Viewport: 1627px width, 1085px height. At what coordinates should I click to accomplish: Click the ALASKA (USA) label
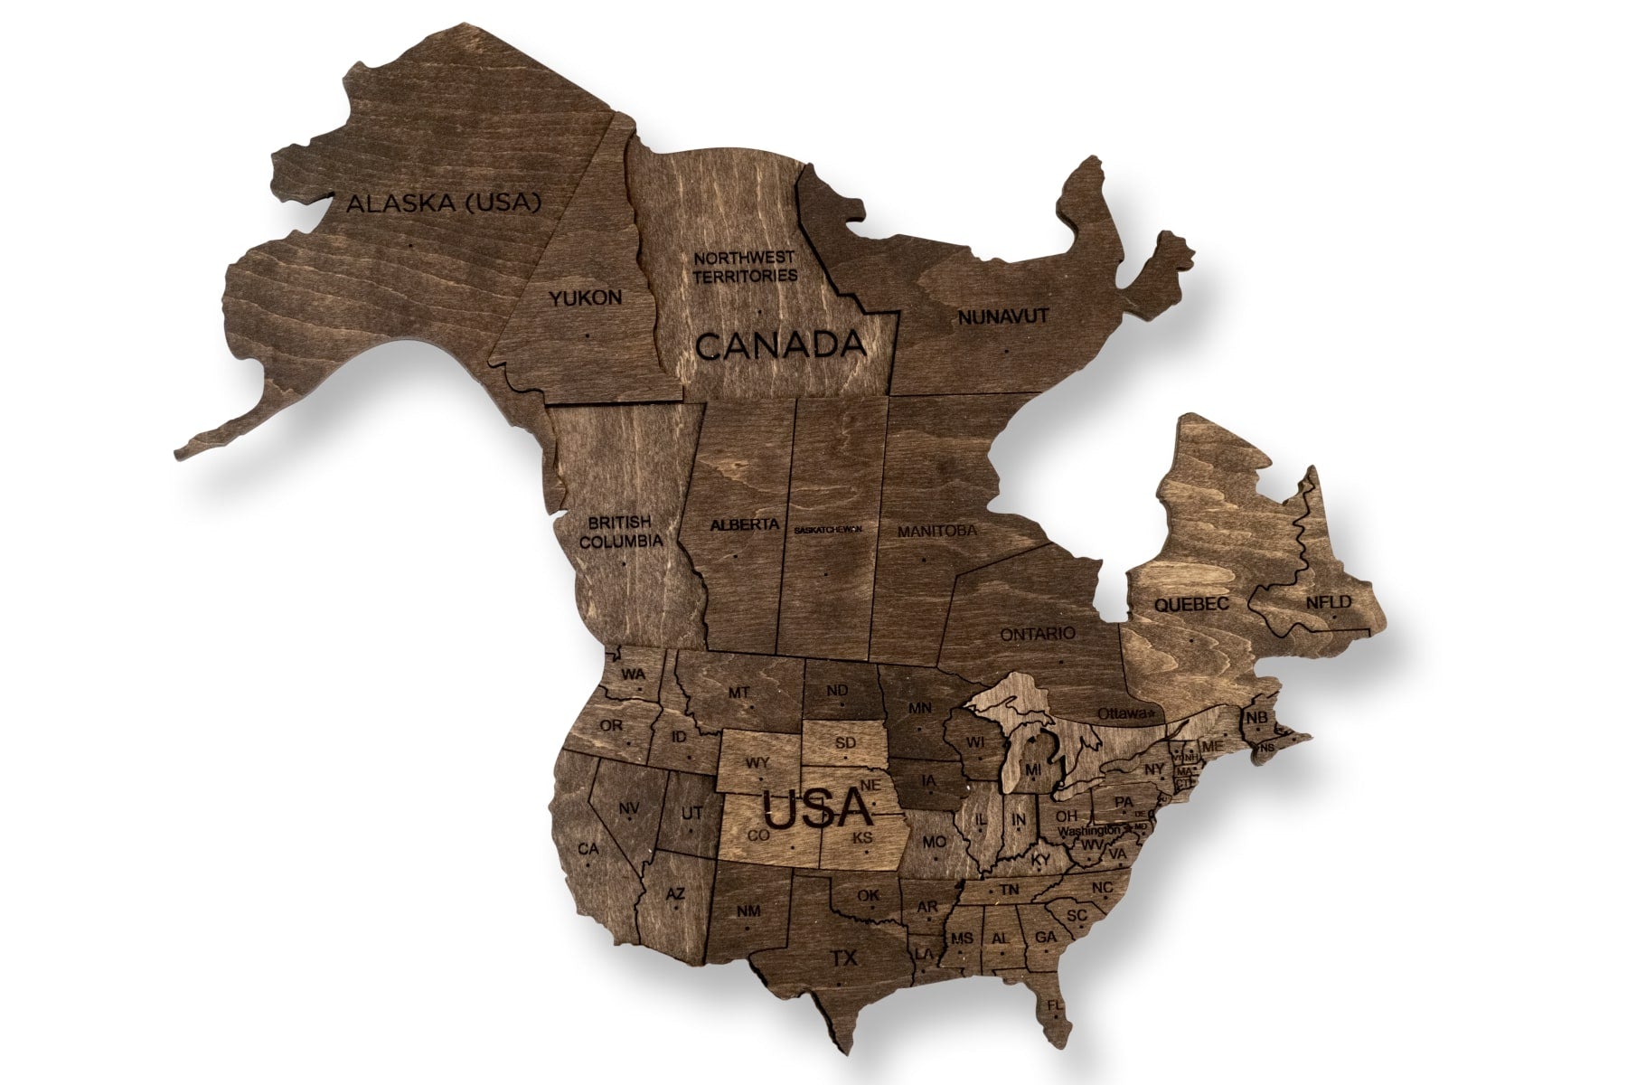tap(444, 203)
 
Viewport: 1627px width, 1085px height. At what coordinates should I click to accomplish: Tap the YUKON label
tap(586, 297)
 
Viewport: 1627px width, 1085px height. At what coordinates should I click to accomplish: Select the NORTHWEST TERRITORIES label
tap(745, 267)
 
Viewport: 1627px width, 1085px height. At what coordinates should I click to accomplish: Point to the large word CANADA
tap(780, 344)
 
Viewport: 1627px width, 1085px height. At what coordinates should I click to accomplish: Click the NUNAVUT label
tap(1002, 316)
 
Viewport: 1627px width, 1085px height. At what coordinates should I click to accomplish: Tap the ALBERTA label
tap(745, 524)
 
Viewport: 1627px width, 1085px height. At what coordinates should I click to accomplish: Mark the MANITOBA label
tap(936, 531)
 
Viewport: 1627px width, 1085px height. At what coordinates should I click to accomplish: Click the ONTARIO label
tap(1038, 634)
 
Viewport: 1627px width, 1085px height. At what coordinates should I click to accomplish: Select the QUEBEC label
tap(1191, 604)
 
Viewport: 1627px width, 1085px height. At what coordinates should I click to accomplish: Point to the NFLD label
tap(1327, 602)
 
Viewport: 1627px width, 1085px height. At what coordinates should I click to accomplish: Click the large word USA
tap(816, 808)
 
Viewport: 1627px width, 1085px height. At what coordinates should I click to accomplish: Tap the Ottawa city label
tap(1124, 713)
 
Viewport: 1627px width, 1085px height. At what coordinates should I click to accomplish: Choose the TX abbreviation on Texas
tap(843, 958)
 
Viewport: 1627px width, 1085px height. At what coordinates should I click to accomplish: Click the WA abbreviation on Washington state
tap(633, 675)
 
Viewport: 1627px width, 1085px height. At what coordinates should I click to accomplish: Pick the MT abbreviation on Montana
tap(738, 693)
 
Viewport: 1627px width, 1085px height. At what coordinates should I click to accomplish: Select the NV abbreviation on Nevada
tap(629, 807)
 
